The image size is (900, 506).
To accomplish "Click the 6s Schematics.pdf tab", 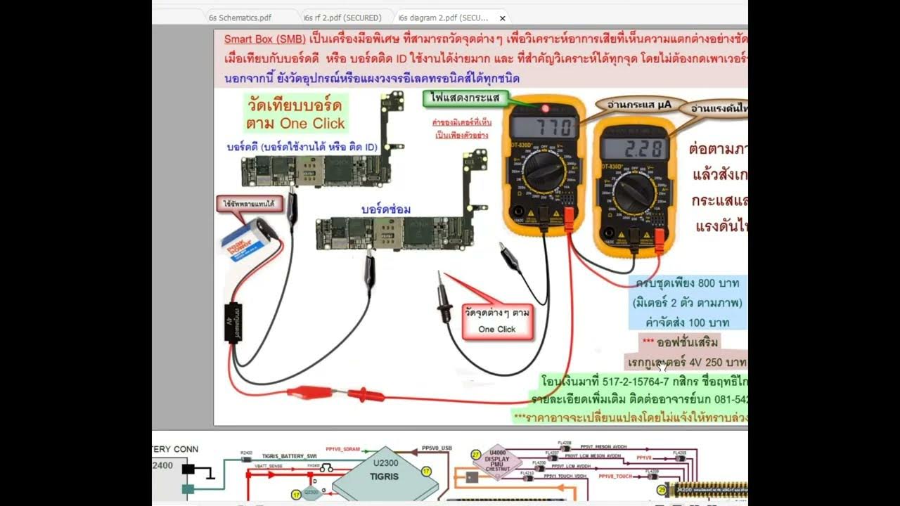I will coord(239,18).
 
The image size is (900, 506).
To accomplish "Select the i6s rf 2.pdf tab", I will coord(342,18).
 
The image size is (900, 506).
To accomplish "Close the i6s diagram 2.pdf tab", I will coord(502,18).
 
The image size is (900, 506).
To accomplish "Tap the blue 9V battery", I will coord(247,239).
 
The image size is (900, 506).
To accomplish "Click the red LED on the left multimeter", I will coord(544,108).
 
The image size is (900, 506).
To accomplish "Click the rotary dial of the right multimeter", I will coord(634,193).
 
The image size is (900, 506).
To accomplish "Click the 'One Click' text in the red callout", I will coord(497,329).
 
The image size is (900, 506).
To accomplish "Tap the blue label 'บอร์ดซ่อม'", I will coord(386,209).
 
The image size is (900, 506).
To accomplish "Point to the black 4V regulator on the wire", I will coord(233,322).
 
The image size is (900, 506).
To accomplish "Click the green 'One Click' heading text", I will coord(312,124).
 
